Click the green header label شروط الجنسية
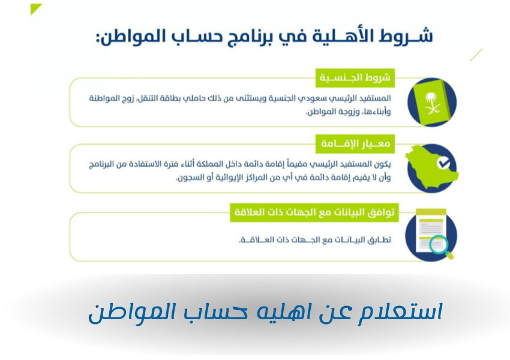[x=355, y=77]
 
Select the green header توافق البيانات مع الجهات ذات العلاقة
[x=314, y=212]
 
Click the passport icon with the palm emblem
[x=431, y=103]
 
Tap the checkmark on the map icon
[x=443, y=163]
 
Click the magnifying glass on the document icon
[x=441, y=245]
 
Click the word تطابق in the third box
[x=378, y=239]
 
